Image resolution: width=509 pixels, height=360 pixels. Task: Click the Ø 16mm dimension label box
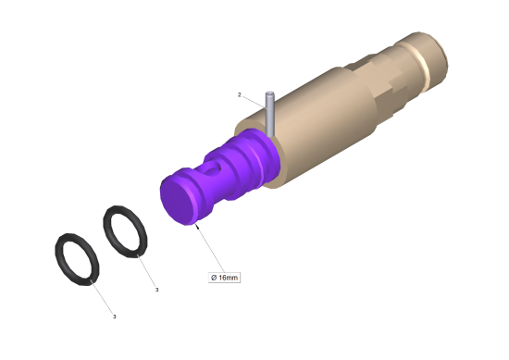224,278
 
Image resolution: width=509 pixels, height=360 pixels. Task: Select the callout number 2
240,94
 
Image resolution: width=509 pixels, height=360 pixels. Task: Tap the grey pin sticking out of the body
269,114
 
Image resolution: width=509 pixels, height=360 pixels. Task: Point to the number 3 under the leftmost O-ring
114,317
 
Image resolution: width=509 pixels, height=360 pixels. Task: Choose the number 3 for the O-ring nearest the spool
156,290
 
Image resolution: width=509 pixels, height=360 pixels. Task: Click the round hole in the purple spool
215,168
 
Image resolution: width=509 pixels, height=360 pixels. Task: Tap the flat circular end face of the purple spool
178,200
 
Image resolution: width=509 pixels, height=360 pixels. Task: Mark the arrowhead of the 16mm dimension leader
197,226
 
